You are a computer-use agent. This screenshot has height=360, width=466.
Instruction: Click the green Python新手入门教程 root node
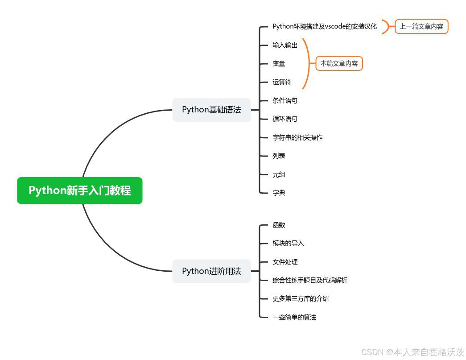(79, 190)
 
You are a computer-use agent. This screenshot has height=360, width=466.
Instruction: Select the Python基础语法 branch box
(211, 110)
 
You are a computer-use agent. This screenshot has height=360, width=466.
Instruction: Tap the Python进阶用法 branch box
(211, 271)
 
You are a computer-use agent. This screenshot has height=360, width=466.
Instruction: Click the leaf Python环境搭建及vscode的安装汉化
(325, 26)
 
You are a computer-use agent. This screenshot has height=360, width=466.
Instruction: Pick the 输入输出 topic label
(285, 45)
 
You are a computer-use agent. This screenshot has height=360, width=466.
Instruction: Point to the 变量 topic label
(279, 64)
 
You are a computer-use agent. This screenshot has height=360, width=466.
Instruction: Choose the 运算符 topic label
(282, 82)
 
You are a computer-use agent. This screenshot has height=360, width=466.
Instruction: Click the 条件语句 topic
(285, 100)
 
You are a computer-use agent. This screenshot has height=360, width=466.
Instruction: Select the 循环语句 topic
(285, 119)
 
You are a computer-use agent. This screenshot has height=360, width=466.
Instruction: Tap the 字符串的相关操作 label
(297, 137)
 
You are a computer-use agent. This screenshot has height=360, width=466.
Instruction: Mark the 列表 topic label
(279, 156)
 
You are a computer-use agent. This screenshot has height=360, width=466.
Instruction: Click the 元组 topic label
(279, 174)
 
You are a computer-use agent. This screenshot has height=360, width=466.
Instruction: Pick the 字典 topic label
(279, 193)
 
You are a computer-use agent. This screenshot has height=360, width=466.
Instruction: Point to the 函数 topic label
(279, 225)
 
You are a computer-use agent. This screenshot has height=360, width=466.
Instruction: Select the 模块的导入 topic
(288, 243)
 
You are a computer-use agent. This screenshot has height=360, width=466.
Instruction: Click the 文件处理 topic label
(285, 262)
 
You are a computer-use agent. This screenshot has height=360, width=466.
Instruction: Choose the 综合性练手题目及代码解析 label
(310, 280)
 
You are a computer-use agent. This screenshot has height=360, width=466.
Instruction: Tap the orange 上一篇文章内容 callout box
(421, 26)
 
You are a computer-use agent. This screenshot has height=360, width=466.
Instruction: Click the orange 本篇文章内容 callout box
(339, 63)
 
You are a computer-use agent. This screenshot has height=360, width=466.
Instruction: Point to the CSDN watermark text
(412, 352)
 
